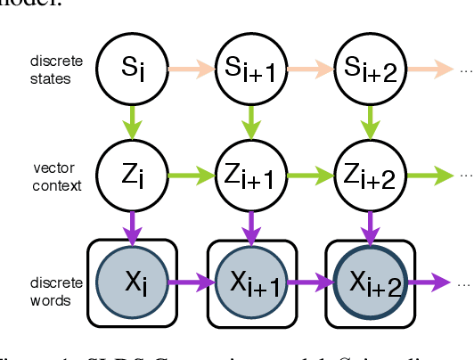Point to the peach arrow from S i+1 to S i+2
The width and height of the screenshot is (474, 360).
click(308, 67)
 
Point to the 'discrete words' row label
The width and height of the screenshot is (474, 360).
click(55, 291)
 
